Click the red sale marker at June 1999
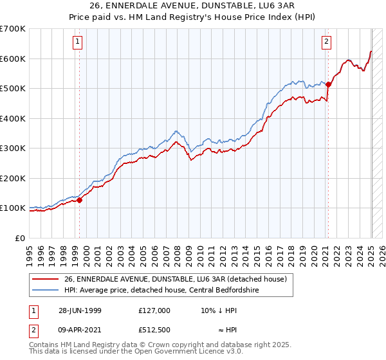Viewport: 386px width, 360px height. click(x=80, y=200)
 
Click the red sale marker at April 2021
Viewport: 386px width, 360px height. click(x=328, y=84)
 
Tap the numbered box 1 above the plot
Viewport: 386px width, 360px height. click(x=77, y=42)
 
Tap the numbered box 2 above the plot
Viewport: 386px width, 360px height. click(x=326, y=42)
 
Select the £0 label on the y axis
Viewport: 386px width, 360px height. click(x=20, y=238)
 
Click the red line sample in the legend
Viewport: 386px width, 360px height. click(x=46, y=278)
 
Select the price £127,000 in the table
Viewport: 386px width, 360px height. click(x=154, y=310)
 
